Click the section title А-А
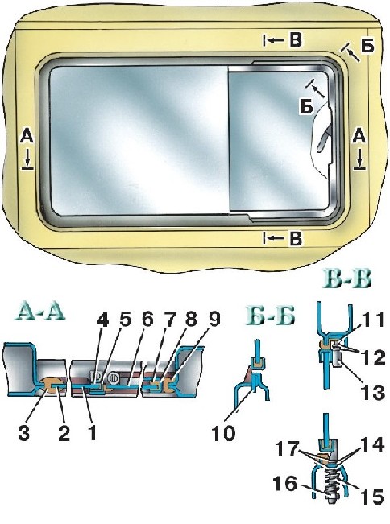[x=40, y=314]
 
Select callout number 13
[x=372, y=393]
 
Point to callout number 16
[x=284, y=485]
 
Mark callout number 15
[x=372, y=498]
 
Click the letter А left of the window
[x=27, y=136]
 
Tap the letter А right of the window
[x=359, y=136]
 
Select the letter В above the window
[x=296, y=39]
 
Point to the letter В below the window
[x=296, y=239]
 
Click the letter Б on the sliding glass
[x=306, y=107]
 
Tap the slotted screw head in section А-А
[x=112, y=378]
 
